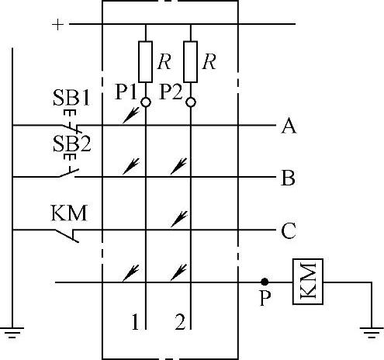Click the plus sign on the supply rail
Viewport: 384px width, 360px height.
pyautogui.click(x=57, y=25)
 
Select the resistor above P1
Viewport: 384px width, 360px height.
pyautogui.click(x=145, y=62)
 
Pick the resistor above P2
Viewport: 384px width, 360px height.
pyautogui.click(x=190, y=62)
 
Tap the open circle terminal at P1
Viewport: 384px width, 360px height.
pyautogui.click(x=146, y=102)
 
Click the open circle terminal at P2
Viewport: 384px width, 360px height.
pyautogui.click(x=191, y=102)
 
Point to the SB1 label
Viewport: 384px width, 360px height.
pyautogui.click(x=71, y=98)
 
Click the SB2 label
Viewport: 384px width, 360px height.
pyautogui.click(x=71, y=144)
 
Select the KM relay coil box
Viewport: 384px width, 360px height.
pyautogui.click(x=308, y=282)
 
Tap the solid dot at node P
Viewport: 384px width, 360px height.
pyautogui.click(x=265, y=282)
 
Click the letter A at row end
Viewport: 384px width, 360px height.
pyautogui.click(x=289, y=126)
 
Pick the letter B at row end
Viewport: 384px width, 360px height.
pyautogui.click(x=288, y=178)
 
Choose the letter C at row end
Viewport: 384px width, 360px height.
pyautogui.click(x=289, y=230)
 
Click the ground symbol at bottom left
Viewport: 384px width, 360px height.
pyautogui.click(x=12, y=332)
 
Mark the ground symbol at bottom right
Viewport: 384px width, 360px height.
pyautogui.click(x=372, y=332)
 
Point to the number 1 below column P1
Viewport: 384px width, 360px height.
pyautogui.click(x=135, y=322)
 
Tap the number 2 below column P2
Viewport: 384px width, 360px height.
pyautogui.click(x=180, y=322)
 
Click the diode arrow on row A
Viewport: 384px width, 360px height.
pyautogui.click(x=131, y=115)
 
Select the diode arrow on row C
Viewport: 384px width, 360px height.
pyautogui.click(x=179, y=220)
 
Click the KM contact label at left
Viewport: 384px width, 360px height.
pyautogui.click(x=69, y=213)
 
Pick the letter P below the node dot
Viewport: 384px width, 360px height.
pyautogui.click(x=265, y=298)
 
